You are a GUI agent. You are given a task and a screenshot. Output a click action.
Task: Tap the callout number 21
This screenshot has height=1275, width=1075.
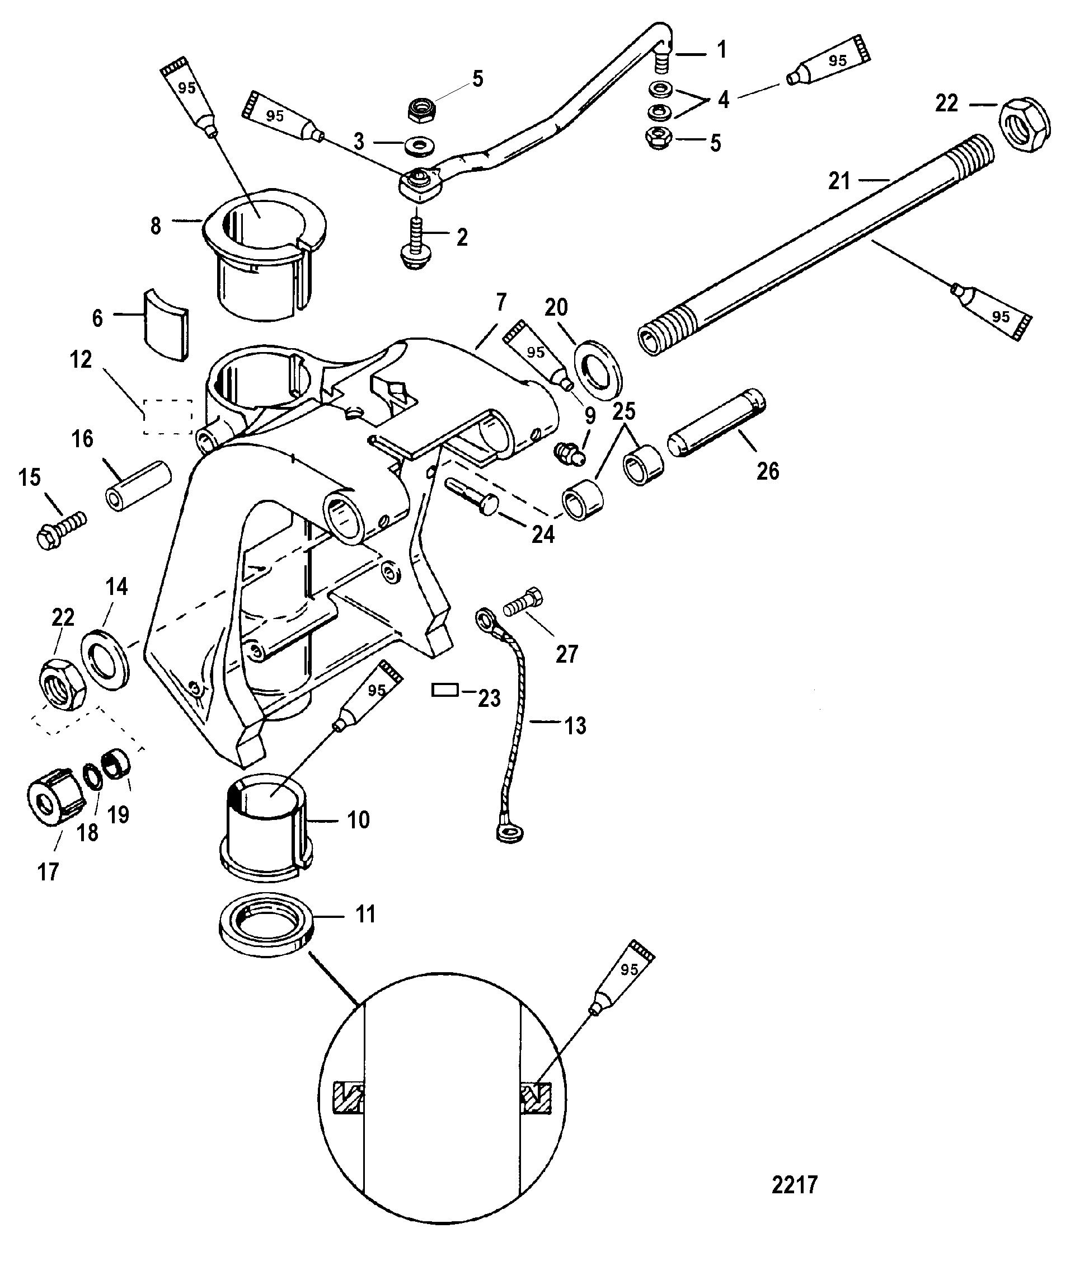(x=839, y=180)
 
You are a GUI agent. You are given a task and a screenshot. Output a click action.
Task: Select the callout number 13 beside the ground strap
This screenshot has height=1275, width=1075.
(x=575, y=726)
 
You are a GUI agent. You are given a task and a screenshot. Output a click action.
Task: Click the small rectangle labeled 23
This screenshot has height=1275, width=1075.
(x=444, y=690)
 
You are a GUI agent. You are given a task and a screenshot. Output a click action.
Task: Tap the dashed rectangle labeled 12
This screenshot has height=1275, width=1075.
(x=167, y=417)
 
